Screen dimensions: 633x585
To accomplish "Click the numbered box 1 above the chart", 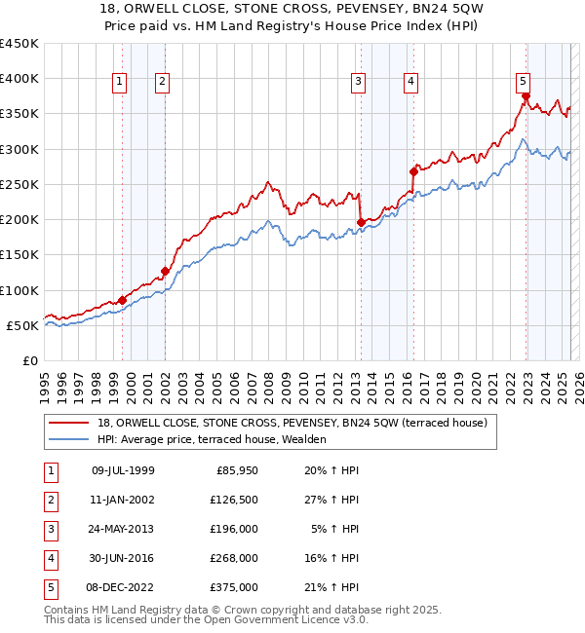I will click(x=118, y=82).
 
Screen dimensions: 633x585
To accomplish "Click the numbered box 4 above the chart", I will click(x=411, y=82).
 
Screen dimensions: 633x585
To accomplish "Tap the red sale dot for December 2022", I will click(x=526, y=96).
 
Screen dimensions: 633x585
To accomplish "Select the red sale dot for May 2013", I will click(x=361, y=222).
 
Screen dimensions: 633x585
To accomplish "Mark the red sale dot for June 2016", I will click(x=414, y=171).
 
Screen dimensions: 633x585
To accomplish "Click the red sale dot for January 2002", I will click(x=165, y=271).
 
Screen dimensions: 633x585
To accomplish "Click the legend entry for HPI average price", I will click(x=214, y=439).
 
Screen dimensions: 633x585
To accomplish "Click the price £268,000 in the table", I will click(x=235, y=558).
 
